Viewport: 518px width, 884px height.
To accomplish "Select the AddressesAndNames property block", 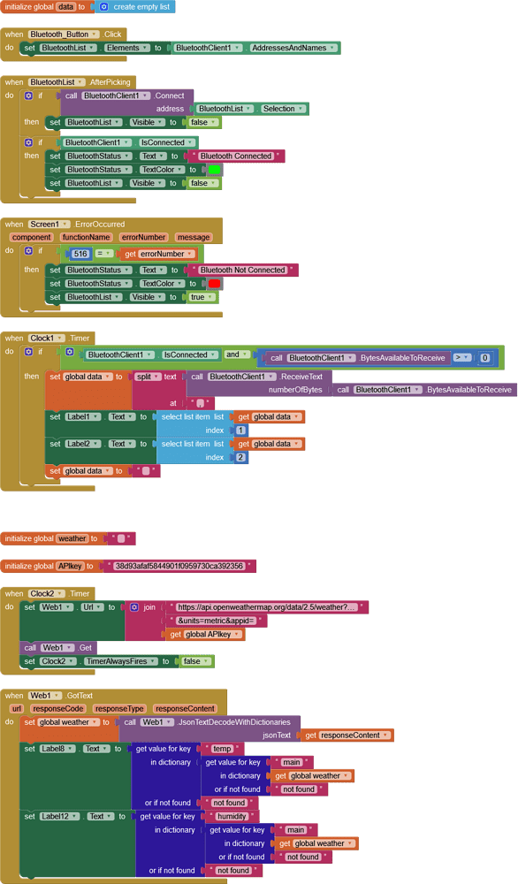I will tap(292, 48).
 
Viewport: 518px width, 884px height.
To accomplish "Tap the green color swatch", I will tap(214, 170).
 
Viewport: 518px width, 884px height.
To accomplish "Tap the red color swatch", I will tap(214, 284).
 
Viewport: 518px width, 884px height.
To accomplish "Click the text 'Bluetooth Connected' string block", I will tap(235, 156).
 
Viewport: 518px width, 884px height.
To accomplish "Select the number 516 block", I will tap(80, 254).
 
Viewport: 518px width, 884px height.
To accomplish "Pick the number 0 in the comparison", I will tap(484, 358).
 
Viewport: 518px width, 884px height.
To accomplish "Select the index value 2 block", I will tap(240, 457).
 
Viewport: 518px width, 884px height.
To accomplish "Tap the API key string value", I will tap(179, 566).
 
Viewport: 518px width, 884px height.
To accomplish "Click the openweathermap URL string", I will tap(266, 607).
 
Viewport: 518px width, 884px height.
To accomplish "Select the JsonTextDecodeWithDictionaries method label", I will tap(234, 722).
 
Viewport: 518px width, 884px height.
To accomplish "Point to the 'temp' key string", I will tap(222, 749).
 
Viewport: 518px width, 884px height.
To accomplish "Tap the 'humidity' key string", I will tap(232, 817).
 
